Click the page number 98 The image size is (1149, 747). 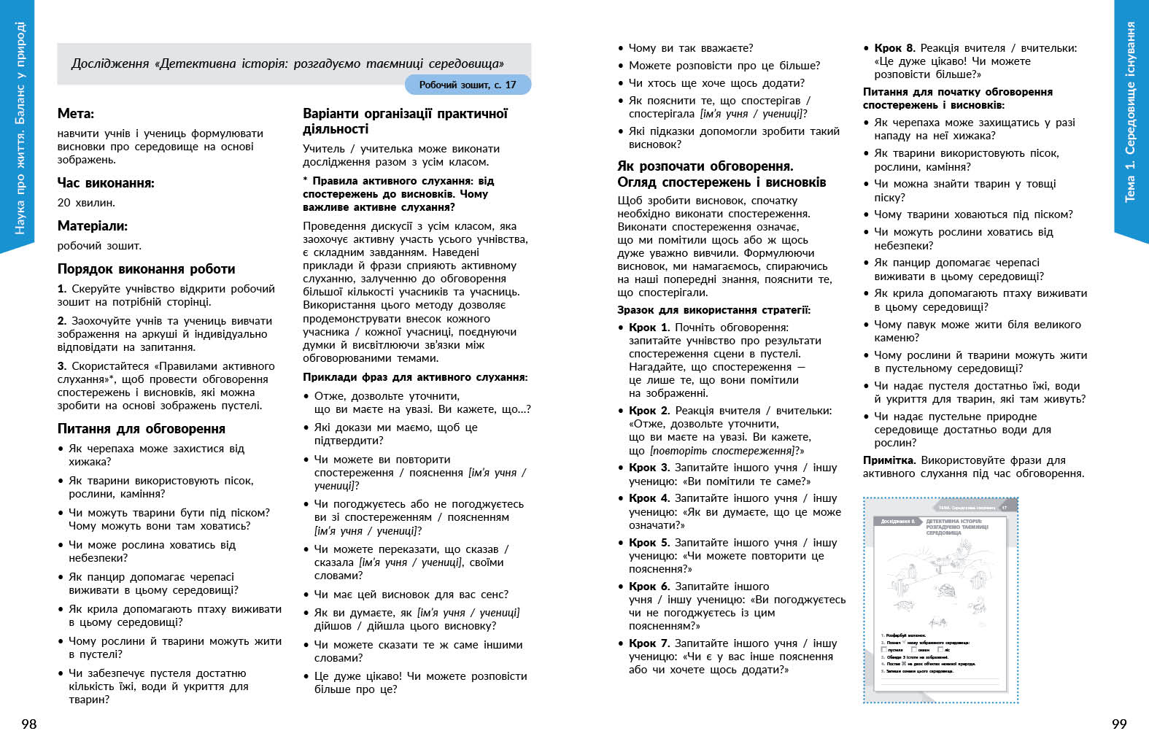(28, 724)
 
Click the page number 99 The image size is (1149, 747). (1119, 724)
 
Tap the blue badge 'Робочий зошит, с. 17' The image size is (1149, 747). (468, 85)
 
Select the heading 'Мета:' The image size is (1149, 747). (76, 114)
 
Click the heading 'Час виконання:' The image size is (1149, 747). (106, 183)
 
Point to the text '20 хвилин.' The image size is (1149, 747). (86, 203)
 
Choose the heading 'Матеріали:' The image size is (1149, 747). (93, 226)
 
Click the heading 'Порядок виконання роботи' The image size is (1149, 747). (146, 269)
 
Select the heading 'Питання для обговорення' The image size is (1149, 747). (142, 429)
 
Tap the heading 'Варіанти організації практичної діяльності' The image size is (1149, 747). (405, 121)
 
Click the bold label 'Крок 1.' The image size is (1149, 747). (649, 328)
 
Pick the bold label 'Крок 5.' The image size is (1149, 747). (649, 543)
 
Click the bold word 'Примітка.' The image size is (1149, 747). (889, 460)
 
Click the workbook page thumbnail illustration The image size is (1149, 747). (940, 600)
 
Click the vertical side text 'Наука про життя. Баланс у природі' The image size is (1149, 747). (19, 128)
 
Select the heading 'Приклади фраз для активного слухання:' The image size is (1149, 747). (415, 377)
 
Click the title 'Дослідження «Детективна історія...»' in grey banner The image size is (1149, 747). (287, 63)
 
